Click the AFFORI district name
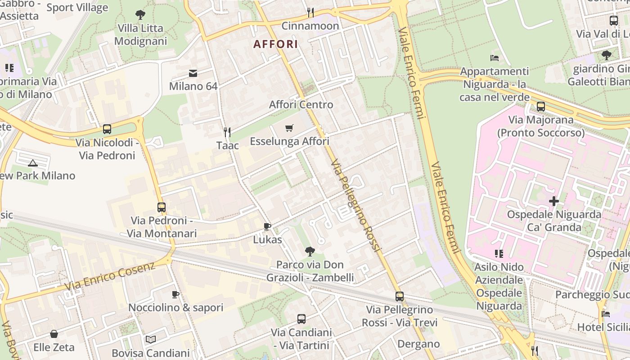(x=275, y=44)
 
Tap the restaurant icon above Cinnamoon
(x=310, y=12)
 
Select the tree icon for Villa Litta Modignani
(x=140, y=15)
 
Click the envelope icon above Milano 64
(x=193, y=73)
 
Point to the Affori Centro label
(x=301, y=105)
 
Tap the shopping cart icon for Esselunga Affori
(x=289, y=128)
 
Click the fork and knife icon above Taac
(x=227, y=132)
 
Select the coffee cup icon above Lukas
(x=267, y=226)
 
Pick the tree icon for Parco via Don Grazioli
(x=310, y=252)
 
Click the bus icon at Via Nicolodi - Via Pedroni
(x=107, y=129)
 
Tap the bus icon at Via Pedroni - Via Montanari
(x=162, y=207)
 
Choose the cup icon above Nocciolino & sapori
(x=175, y=295)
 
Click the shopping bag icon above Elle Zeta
(x=54, y=334)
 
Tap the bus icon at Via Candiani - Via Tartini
(x=301, y=319)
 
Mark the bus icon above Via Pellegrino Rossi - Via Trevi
(x=400, y=297)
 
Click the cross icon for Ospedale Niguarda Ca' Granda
(x=554, y=201)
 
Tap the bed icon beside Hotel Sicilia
(x=606, y=314)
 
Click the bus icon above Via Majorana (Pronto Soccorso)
(x=541, y=107)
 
